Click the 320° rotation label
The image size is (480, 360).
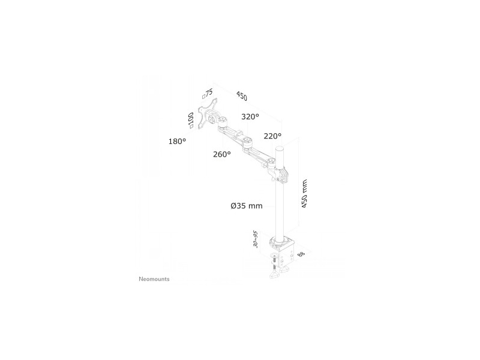[250, 116]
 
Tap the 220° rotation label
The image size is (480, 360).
[272, 136]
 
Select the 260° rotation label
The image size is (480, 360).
[222, 154]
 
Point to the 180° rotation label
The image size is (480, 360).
[177, 142]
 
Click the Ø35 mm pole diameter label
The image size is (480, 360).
[247, 206]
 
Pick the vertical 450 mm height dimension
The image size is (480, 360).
[304, 194]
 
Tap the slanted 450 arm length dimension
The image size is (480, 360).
[242, 96]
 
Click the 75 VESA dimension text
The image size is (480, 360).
[208, 94]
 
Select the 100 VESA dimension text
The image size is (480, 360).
[191, 120]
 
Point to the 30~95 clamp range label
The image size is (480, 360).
[256, 239]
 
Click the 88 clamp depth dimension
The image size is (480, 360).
[301, 254]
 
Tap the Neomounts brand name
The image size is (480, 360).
[154, 279]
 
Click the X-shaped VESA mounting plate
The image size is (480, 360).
[207, 113]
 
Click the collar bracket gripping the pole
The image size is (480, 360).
[281, 173]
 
